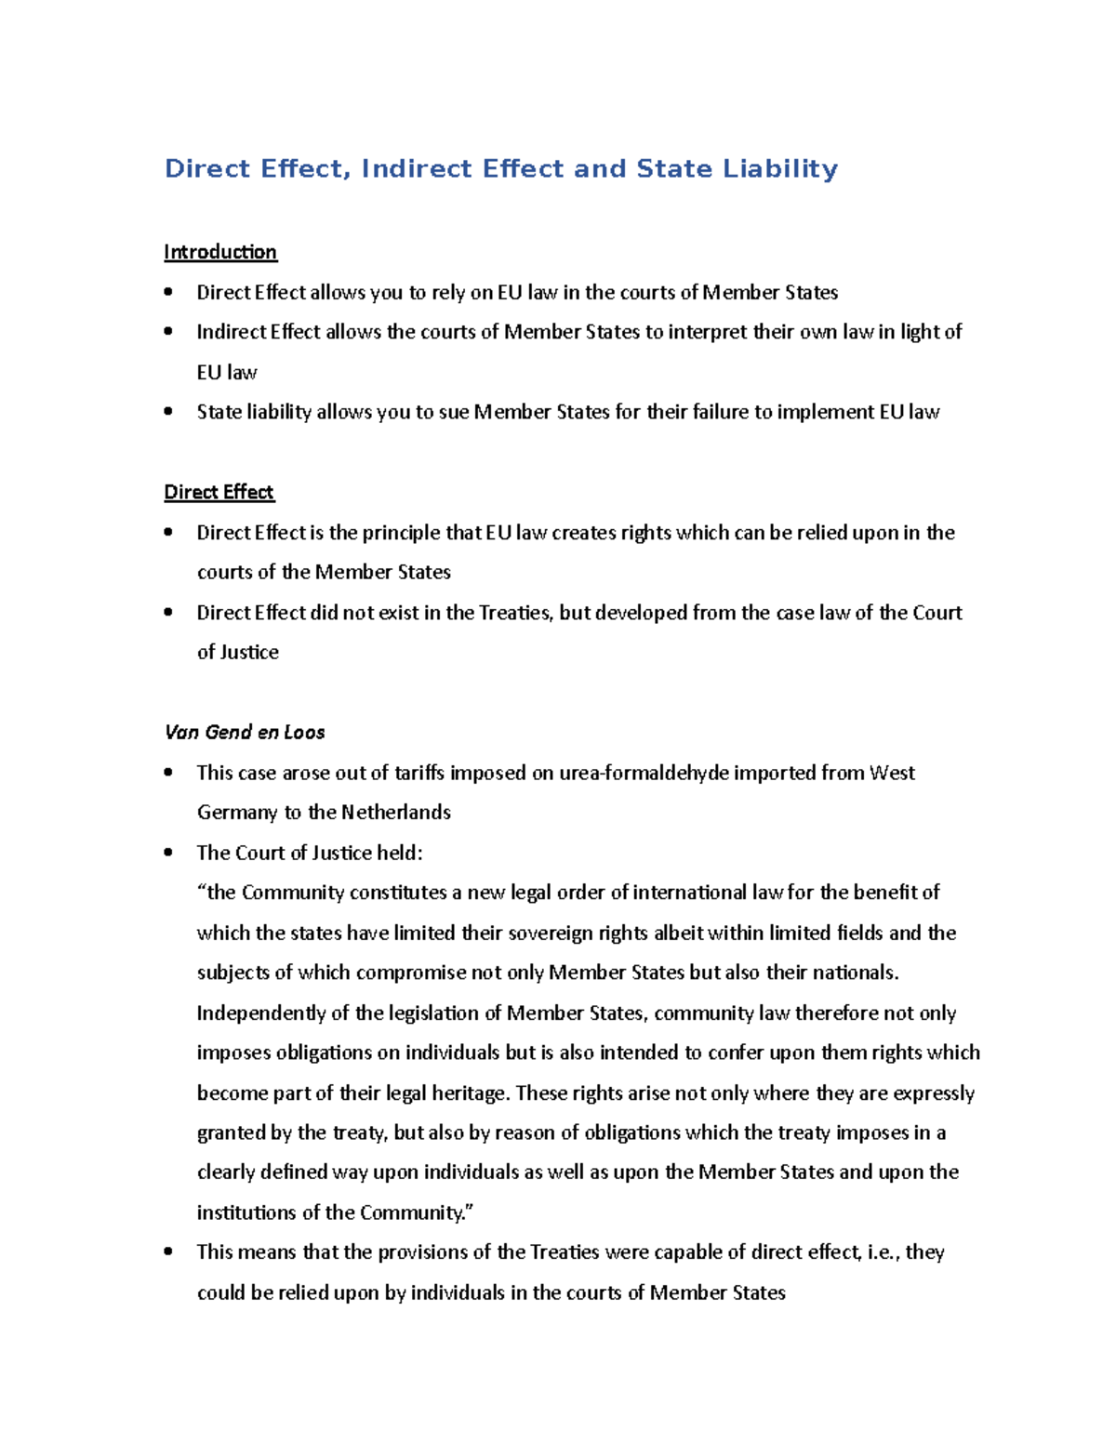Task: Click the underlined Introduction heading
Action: coord(220,252)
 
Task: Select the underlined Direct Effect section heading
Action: coord(219,492)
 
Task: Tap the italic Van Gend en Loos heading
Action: coord(245,733)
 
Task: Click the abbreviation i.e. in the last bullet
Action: coord(882,1252)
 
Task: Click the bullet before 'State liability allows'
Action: coord(168,411)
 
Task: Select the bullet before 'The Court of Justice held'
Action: coord(168,852)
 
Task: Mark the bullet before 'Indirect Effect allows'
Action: coord(168,331)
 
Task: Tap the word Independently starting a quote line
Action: coord(261,1013)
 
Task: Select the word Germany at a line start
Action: coord(237,813)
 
